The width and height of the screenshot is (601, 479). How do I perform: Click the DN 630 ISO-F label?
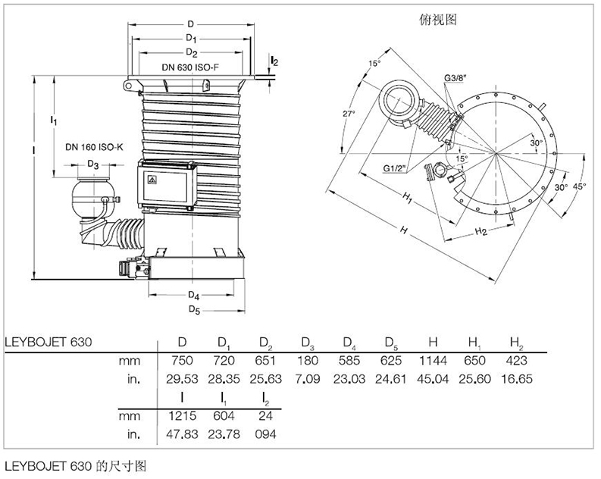point(191,67)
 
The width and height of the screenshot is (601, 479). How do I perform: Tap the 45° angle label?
point(580,186)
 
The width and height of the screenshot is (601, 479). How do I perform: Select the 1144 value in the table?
point(434,362)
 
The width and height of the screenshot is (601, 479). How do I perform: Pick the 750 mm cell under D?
point(182,362)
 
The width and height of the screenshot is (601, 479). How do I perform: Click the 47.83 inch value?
point(182,434)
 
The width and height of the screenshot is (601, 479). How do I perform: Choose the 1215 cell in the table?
point(182,417)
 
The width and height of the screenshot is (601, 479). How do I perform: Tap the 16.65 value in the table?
point(515,377)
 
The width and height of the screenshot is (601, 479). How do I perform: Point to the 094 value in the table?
point(265,434)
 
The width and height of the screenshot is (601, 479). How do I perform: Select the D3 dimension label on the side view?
point(92,164)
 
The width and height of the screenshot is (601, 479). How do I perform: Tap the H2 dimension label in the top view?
point(480,230)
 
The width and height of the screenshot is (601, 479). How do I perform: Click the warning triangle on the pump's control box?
point(152,180)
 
